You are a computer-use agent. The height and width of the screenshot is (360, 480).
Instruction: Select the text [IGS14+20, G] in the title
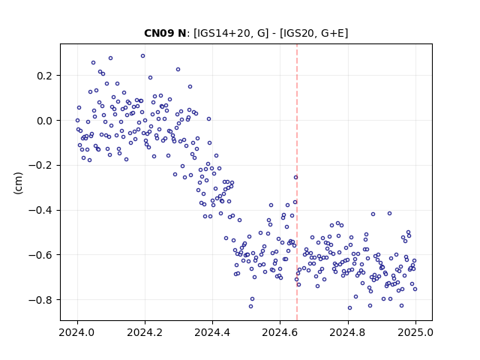pos(231,33)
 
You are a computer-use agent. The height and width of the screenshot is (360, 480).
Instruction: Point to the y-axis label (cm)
pos(18,183)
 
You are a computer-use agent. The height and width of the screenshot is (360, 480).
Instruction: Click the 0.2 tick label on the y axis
pos(44,76)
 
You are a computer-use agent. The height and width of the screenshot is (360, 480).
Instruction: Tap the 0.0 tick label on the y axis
pos(44,121)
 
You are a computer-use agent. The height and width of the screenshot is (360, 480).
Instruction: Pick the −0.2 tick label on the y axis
pos(40,165)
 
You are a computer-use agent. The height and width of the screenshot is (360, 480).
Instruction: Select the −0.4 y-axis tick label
pos(40,210)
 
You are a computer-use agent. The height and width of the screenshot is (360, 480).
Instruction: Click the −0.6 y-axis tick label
pos(40,255)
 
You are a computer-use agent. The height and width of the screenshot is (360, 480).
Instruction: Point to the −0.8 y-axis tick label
pos(40,300)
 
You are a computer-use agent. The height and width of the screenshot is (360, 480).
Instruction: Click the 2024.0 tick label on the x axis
pos(77,332)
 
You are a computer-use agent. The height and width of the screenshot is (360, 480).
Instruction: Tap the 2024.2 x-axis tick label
pos(145,332)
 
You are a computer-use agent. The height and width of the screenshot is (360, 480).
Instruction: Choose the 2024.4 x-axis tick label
pos(212,332)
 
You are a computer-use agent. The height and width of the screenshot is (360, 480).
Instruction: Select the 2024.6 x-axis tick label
pos(280,332)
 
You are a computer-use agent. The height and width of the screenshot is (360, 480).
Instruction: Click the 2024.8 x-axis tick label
pos(348,332)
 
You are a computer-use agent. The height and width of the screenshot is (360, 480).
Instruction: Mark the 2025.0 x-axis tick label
pos(415,332)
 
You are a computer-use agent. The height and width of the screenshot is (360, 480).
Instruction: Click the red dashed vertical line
pos(297,182)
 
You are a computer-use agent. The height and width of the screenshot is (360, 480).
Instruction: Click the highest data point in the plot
pos(143,56)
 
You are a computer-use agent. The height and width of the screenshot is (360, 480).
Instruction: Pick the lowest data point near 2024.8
pos(350,308)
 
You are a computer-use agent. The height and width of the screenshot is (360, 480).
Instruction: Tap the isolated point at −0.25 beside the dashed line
pos(295,178)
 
